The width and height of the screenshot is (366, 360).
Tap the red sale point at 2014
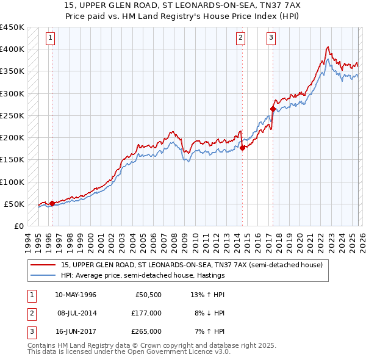pyautogui.click(x=242, y=147)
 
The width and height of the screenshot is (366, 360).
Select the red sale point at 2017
pyautogui.click(x=273, y=109)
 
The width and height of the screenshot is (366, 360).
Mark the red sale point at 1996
pyautogui.click(x=52, y=203)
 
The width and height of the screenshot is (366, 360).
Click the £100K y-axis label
pyautogui.click(x=12, y=182)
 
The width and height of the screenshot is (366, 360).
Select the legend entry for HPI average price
pyautogui.click(x=143, y=275)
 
